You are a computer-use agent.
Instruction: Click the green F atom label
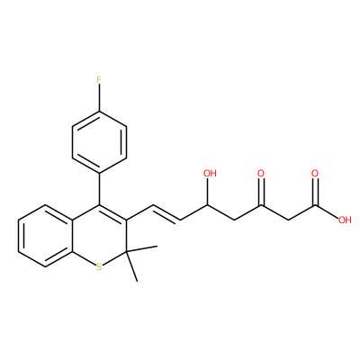99,80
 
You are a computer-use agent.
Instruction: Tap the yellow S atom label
99,267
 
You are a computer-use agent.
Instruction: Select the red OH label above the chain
210,174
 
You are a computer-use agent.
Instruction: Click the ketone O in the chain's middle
261,174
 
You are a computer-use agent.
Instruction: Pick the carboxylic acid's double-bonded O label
315,174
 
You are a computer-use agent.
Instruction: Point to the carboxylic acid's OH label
345,220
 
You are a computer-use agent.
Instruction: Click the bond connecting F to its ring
99,98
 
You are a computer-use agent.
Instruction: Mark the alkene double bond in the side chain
166,213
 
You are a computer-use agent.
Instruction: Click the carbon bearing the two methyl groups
126,251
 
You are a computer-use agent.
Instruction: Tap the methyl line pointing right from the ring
142,248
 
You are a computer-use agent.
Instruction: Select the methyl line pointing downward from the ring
132,266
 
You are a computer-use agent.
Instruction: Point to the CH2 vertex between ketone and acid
288,220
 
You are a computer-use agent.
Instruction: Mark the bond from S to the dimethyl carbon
114,258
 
